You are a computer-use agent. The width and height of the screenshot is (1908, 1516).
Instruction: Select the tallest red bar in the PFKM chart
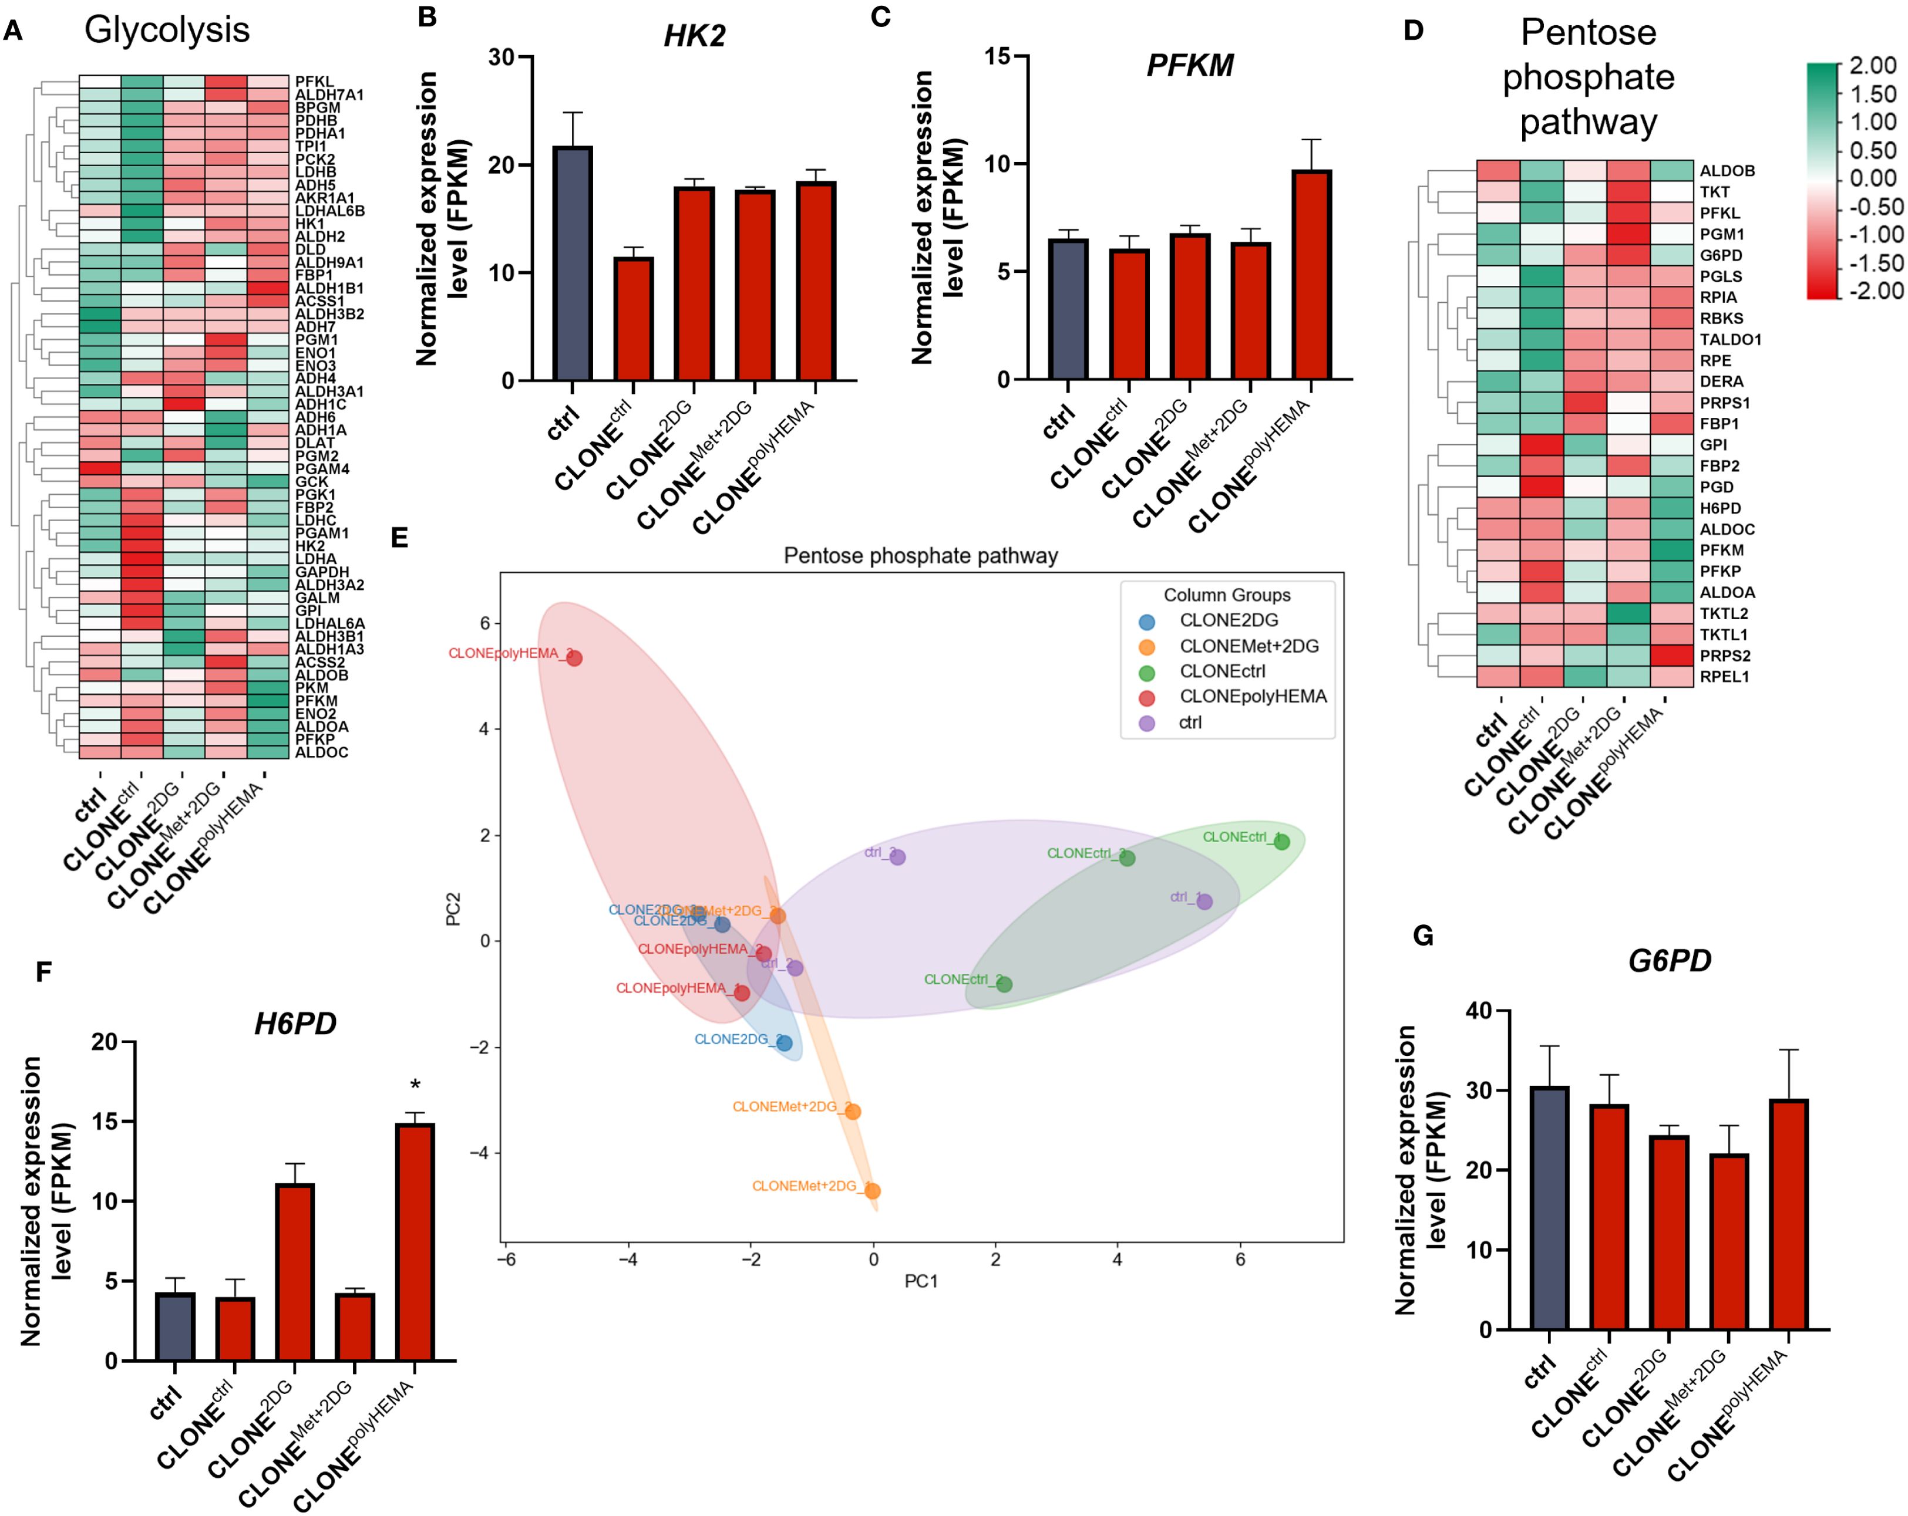[1311, 274]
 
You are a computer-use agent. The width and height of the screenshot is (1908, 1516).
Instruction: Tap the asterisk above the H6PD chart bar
[415, 1085]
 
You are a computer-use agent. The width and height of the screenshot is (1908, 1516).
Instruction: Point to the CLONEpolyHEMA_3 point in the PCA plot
[574, 658]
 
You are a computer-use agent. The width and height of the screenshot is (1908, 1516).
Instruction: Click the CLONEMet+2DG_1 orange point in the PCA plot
[873, 1191]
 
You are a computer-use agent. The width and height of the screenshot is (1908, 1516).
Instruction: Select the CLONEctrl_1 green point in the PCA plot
[1281, 842]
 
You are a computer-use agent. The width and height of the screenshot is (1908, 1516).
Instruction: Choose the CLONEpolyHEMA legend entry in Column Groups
[1252, 697]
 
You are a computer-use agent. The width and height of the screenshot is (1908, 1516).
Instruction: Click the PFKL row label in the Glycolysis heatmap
[314, 82]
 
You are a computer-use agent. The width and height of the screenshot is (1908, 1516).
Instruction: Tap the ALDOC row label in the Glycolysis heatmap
[321, 752]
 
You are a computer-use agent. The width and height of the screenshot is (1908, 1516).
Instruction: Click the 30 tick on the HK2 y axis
[501, 58]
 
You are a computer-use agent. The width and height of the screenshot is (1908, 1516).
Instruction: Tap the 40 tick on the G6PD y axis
[1479, 1011]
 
